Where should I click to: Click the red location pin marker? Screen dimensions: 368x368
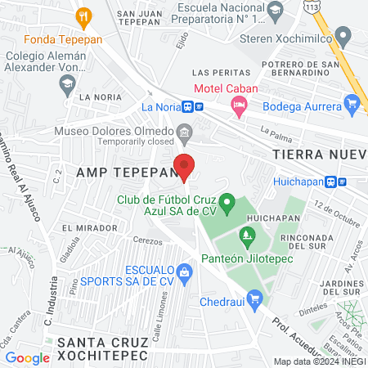pos(185,167)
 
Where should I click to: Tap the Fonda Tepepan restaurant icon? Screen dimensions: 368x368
pos(83,16)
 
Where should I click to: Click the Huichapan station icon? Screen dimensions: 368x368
pos(331,182)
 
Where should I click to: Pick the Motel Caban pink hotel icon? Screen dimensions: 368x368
pos(238,104)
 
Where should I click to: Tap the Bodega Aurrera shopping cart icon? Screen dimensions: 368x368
pos(352,103)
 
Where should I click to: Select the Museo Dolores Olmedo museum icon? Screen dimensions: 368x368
pos(185,131)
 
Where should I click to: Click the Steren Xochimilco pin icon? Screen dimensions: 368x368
pos(343,36)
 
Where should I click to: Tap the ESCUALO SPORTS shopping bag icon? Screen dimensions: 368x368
pos(186,270)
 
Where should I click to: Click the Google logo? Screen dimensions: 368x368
pos(27,357)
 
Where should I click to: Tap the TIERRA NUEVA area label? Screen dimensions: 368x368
pos(319,155)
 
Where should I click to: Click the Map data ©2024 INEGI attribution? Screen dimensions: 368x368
pos(318,361)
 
